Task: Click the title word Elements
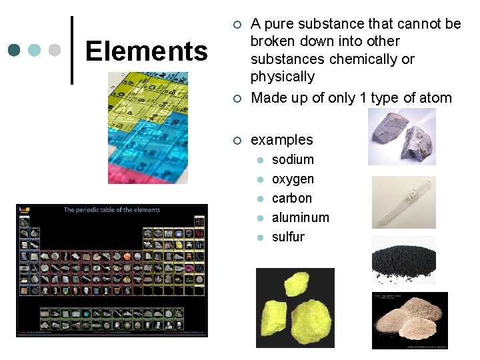point(147,51)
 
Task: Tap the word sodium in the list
point(293,159)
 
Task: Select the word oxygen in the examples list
point(293,179)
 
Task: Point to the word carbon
point(292,198)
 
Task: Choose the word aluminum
point(301,217)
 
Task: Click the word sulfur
point(288,237)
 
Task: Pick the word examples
point(281,139)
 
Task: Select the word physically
point(283,76)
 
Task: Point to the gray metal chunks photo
point(402,137)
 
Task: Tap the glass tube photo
point(403,202)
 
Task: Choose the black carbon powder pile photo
point(403,260)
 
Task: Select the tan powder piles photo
point(409,320)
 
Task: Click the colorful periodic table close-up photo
point(148,127)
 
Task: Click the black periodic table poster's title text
point(112,209)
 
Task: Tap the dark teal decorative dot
point(15,50)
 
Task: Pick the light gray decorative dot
point(55,50)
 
